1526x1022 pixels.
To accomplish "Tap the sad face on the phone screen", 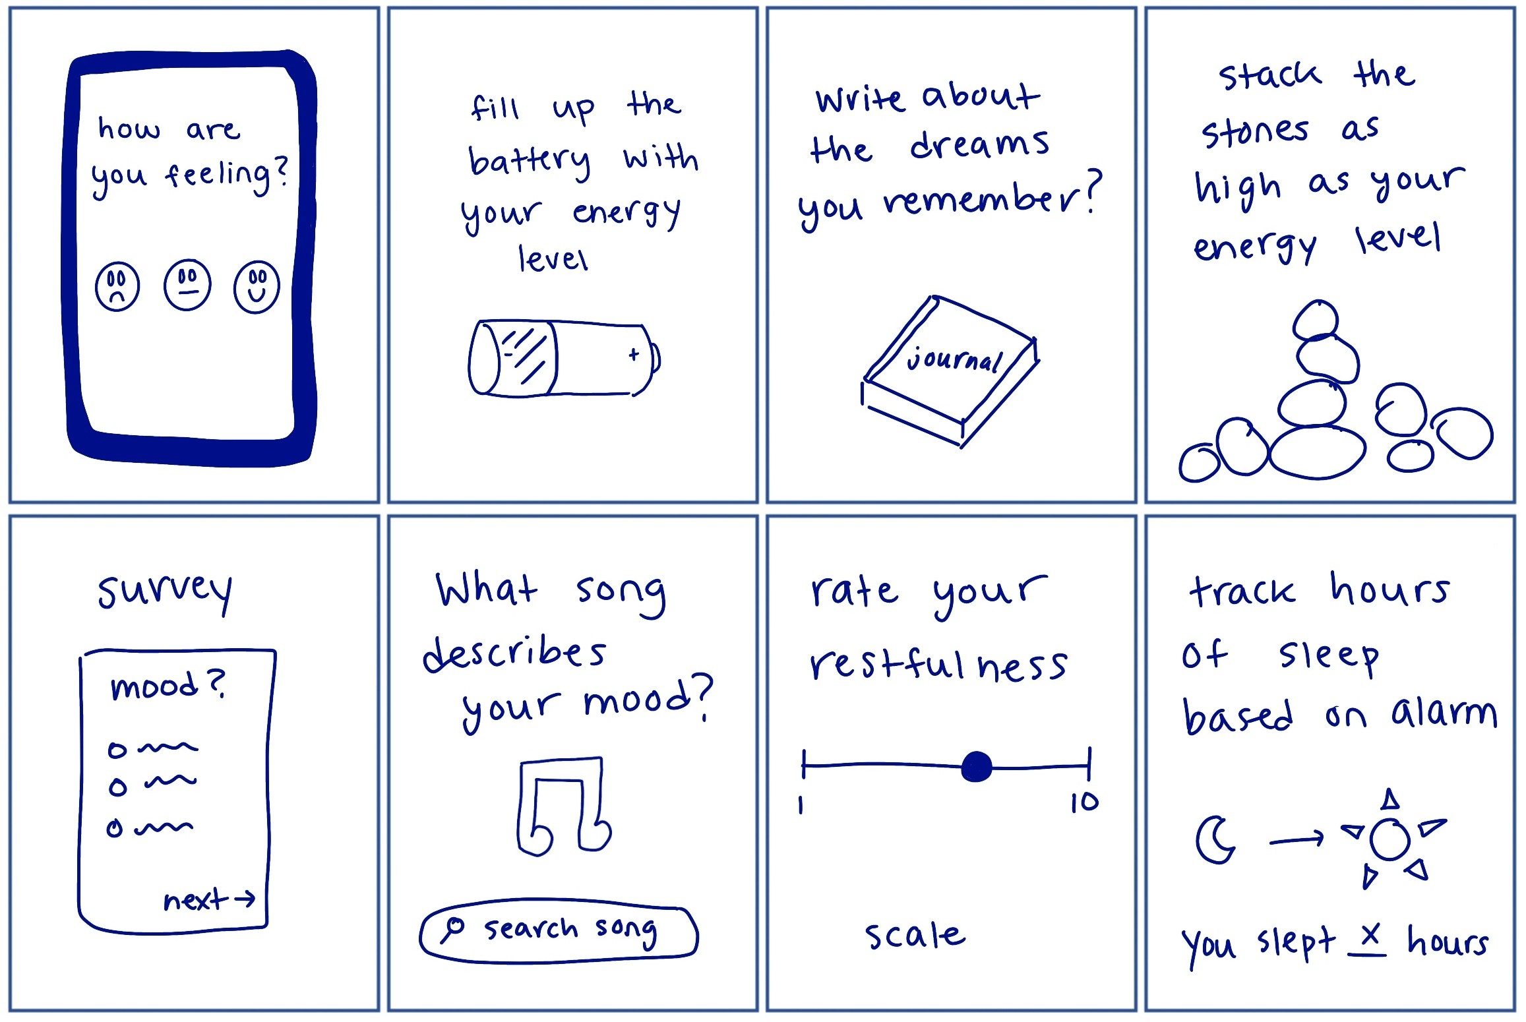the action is pyautogui.click(x=117, y=287).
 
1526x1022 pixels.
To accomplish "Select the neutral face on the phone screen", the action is pyautogui.click(x=187, y=285).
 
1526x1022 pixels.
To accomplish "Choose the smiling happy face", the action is pyautogui.click(x=257, y=287).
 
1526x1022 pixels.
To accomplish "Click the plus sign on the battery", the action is pyautogui.click(x=634, y=355).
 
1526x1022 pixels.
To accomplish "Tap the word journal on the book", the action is pyautogui.click(x=954, y=359).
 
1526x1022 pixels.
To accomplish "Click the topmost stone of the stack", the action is pyautogui.click(x=1316, y=320).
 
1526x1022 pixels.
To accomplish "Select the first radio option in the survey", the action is pyautogui.click(x=117, y=750).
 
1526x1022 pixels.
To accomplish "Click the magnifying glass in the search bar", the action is pyautogui.click(x=453, y=928).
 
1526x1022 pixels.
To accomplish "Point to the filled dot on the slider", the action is pyautogui.click(x=977, y=766).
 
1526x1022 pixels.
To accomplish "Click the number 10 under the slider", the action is pyautogui.click(x=1084, y=802).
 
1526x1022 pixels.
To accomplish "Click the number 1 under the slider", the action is pyautogui.click(x=801, y=805).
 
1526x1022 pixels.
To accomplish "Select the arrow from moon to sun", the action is pyautogui.click(x=1297, y=839).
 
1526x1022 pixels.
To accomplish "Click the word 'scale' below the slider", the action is pyautogui.click(x=915, y=935).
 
